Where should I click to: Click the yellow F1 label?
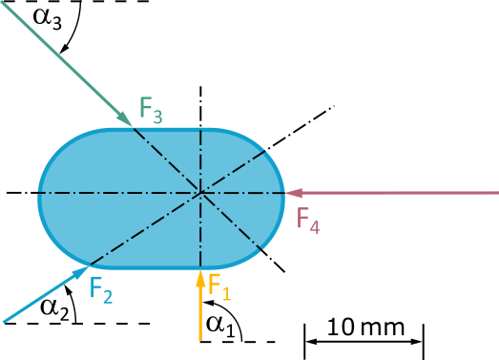[219, 286]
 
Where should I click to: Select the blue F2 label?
[101, 288]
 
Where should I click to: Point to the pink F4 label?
[307, 221]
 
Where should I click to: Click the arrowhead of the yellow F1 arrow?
[200, 277]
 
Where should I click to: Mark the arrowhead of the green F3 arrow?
[126, 119]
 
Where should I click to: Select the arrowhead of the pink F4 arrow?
[291, 193]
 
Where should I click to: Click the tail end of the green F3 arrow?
[2, 2]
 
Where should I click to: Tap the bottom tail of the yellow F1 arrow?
[200, 340]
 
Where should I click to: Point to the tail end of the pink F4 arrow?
[497, 193]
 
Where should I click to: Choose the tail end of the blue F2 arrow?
[4, 321]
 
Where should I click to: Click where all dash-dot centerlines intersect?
[200, 193]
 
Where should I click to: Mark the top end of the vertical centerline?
[200, 129]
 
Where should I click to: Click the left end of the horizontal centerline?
[38, 193]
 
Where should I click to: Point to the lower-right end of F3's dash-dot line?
[262, 251]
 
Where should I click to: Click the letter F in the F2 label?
[95, 286]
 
